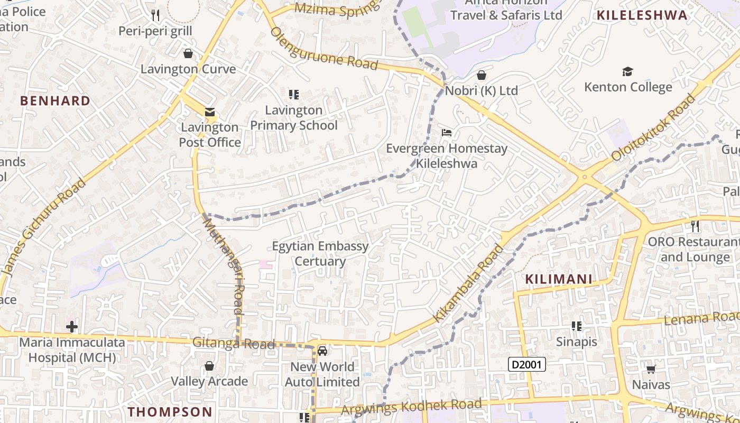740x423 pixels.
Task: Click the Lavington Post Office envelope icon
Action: (x=210, y=112)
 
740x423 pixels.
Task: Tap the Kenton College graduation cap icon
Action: (x=627, y=71)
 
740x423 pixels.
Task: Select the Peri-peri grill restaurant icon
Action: (x=155, y=15)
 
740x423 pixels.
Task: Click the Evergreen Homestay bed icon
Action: (x=447, y=133)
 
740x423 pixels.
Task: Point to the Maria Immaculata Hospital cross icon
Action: (x=72, y=326)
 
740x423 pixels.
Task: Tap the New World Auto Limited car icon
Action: (x=322, y=351)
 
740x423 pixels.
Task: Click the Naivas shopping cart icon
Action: (x=651, y=369)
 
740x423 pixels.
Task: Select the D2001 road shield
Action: (x=526, y=364)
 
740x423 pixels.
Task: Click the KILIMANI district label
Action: (x=558, y=279)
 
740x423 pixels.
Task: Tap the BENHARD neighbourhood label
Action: (x=55, y=100)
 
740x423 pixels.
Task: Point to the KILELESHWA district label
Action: (x=642, y=15)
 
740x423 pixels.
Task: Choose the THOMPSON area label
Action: (x=170, y=411)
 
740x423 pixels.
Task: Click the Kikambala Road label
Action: (x=468, y=283)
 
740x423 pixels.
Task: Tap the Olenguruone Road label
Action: (x=324, y=49)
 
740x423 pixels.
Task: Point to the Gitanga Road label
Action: (x=234, y=343)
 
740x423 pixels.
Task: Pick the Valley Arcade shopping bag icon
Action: (x=209, y=365)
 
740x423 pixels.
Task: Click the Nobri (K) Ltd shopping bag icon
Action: (x=481, y=75)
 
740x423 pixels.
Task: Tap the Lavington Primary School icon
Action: (x=294, y=95)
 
